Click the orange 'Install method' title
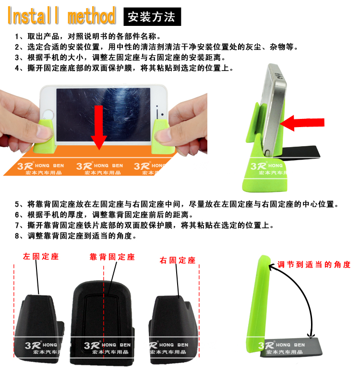click(61, 15)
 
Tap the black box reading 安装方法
click(152, 17)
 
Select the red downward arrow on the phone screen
click(99, 128)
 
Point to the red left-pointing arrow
click(302, 123)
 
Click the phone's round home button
click(48, 114)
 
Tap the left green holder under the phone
click(45, 137)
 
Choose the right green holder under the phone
click(163, 137)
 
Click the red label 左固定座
click(41, 257)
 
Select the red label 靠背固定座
click(112, 257)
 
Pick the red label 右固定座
click(178, 260)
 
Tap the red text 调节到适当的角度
click(314, 264)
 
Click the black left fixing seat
click(39, 328)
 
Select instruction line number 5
click(177, 204)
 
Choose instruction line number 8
click(76, 236)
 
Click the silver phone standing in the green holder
click(274, 110)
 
